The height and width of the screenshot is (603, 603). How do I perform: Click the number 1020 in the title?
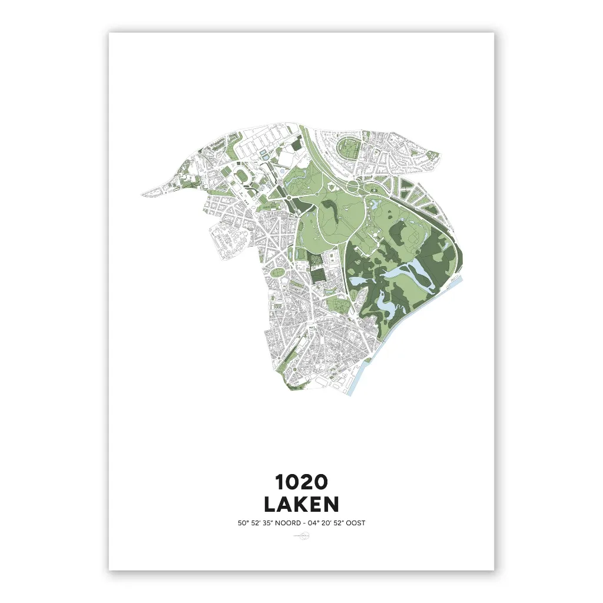(301, 482)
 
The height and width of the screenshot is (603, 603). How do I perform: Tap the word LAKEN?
(301, 505)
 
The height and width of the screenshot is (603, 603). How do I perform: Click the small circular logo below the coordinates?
(301, 536)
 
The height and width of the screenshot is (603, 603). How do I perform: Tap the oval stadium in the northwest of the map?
(242, 174)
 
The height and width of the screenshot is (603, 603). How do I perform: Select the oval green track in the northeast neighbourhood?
(347, 148)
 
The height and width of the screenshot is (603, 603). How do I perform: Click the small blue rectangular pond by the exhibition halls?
(263, 154)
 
